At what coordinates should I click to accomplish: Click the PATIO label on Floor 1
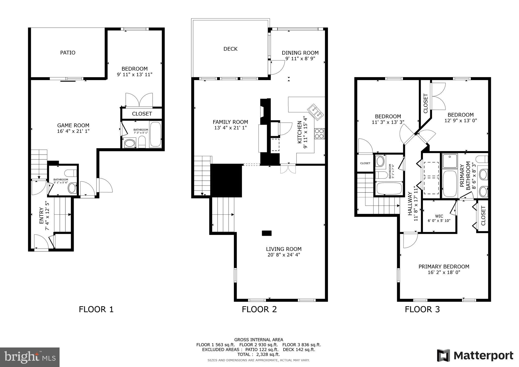pos(68,53)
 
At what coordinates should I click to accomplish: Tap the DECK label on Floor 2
pos(230,49)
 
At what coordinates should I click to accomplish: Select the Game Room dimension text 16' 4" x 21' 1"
pos(73,131)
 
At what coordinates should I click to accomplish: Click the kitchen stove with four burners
pos(319,134)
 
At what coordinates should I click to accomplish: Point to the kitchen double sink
pos(315,112)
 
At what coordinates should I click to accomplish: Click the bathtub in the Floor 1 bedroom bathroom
pos(155,135)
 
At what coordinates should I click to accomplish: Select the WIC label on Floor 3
pos(439,216)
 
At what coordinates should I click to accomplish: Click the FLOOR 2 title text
pos(259,309)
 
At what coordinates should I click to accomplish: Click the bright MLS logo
pos(30,357)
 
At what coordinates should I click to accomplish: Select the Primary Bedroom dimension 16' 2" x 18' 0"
pos(444,272)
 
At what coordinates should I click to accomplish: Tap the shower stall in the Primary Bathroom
pos(450,161)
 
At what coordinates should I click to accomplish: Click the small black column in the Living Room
pos(267,233)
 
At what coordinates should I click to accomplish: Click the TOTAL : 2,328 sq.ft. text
pos(258,354)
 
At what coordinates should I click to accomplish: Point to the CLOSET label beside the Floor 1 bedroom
pos(142,114)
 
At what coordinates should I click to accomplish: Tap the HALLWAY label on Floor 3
pos(410,204)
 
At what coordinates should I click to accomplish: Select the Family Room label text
pos(230,122)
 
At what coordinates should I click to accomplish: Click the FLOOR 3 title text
pos(422,309)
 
